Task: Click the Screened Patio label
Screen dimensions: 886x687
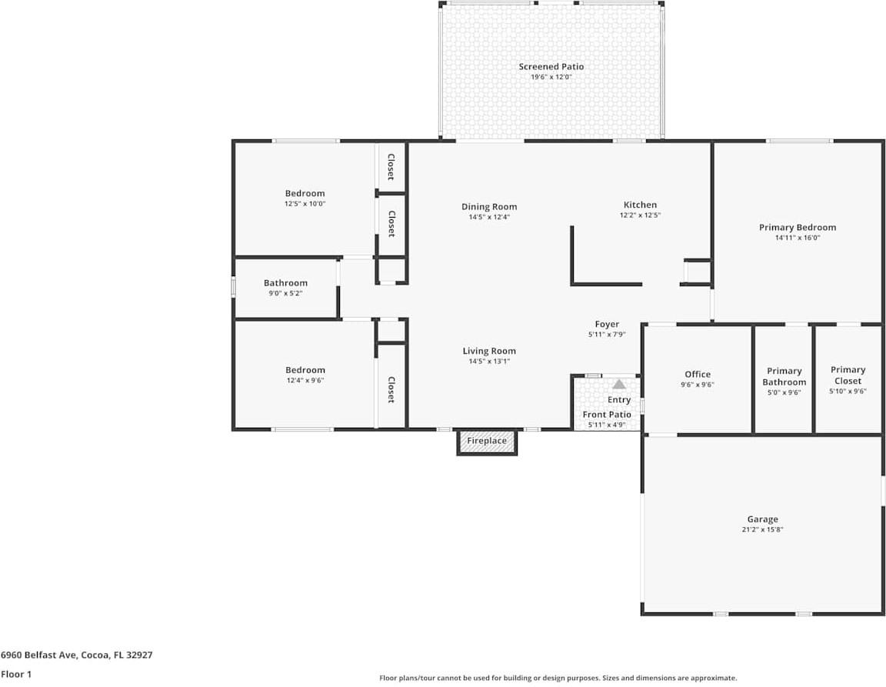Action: pyautogui.click(x=551, y=67)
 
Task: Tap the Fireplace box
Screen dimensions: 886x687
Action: pyautogui.click(x=487, y=442)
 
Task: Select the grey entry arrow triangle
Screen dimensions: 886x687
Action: pyautogui.click(x=619, y=384)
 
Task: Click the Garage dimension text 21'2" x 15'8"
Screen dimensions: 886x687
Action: pyautogui.click(x=763, y=530)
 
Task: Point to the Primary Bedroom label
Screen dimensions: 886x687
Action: pyautogui.click(x=798, y=227)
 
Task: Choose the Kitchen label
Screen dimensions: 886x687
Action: pyautogui.click(x=640, y=205)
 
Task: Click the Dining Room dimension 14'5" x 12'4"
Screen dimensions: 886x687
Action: pyautogui.click(x=489, y=217)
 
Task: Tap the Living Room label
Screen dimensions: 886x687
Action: pyautogui.click(x=489, y=351)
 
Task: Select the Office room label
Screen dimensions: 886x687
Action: pyautogui.click(x=698, y=375)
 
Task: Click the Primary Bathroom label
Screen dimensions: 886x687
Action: pyautogui.click(x=784, y=376)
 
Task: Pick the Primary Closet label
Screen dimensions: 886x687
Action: pyautogui.click(x=848, y=375)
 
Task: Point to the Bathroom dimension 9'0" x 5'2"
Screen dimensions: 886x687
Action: pyautogui.click(x=286, y=293)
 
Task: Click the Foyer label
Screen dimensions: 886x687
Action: pyautogui.click(x=607, y=324)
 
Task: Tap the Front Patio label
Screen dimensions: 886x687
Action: pyautogui.click(x=607, y=415)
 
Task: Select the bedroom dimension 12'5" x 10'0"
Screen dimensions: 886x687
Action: pyautogui.click(x=305, y=204)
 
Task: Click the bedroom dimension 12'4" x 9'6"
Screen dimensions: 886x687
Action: pyautogui.click(x=305, y=381)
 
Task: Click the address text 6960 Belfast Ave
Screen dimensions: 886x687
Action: pyautogui.click(x=38, y=655)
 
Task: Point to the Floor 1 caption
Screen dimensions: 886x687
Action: pyautogui.click(x=16, y=674)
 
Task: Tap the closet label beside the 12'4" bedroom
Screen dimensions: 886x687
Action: pyautogui.click(x=391, y=389)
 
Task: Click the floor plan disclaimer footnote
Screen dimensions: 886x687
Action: pyautogui.click(x=558, y=678)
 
